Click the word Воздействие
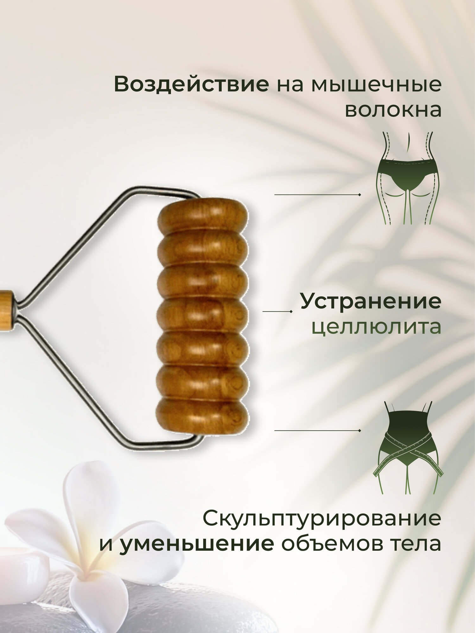pyautogui.click(x=191, y=85)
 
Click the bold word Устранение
pyautogui.click(x=370, y=301)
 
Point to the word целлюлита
pyautogui.click(x=376, y=327)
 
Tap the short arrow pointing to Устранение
pyautogui.click(x=277, y=311)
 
